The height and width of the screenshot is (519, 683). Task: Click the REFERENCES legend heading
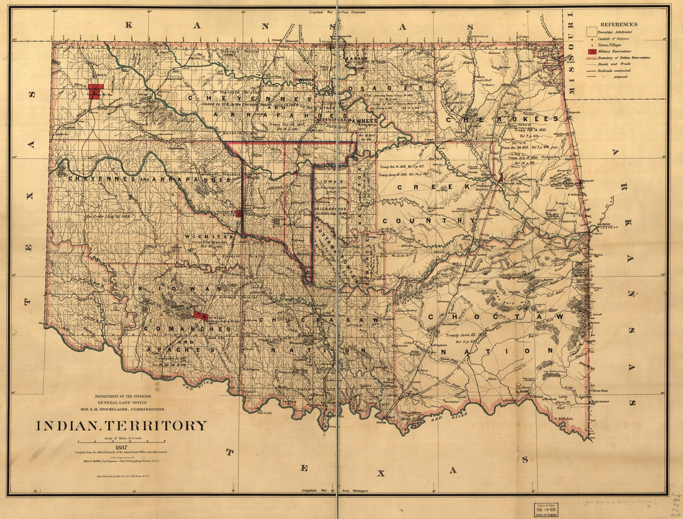pyautogui.click(x=618, y=24)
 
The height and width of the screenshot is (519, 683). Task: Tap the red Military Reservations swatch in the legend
pyautogui.click(x=592, y=51)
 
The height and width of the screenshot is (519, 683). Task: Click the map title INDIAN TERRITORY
pyautogui.click(x=121, y=426)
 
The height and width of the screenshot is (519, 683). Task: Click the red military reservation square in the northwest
pyautogui.click(x=95, y=91)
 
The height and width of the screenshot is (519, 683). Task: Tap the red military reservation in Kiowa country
pyautogui.click(x=200, y=316)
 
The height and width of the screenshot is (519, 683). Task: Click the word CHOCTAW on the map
pyautogui.click(x=495, y=317)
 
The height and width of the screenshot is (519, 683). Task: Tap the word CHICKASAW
pyautogui.click(x=304, y=320)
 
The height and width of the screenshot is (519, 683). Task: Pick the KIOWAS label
pyautogui.click(x=180, y=290)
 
